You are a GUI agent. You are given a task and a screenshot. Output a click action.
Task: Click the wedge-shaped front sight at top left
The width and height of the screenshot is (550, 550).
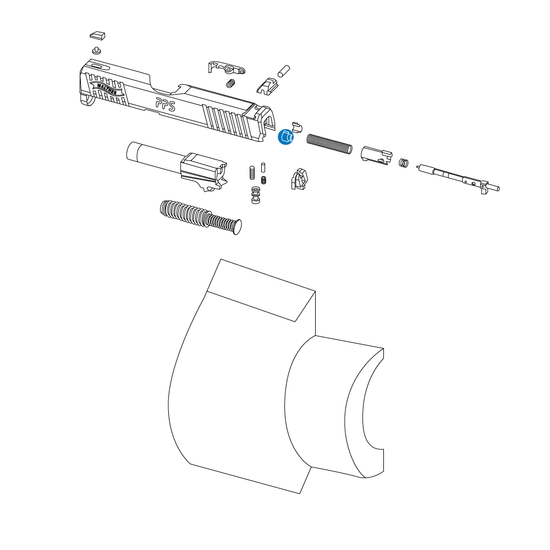point(97,35)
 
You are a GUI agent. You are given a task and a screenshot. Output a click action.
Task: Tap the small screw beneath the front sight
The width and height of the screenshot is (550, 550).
point(97,50)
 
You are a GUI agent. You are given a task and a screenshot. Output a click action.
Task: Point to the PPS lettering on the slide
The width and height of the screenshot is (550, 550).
point(165,104)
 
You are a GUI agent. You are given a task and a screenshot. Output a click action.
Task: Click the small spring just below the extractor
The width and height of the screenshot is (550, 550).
point(230,84)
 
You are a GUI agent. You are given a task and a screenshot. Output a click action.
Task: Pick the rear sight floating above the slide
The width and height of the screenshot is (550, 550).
point(267,86)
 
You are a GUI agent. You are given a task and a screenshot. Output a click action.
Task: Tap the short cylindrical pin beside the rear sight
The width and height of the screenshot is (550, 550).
point(283,71)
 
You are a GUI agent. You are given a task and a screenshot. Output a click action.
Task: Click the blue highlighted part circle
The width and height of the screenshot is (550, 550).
point(286,137)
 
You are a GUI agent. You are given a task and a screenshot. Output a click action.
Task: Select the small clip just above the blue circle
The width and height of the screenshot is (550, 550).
point(297,128)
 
